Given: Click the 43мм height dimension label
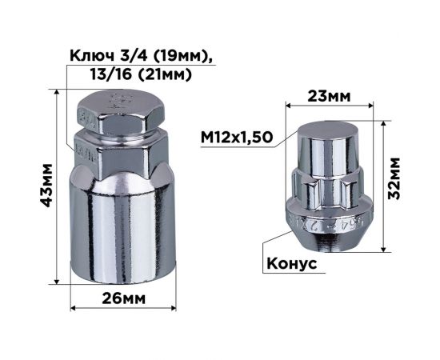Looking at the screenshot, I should (x=46, y=186).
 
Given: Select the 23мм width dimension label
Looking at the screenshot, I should (x=329, y=96).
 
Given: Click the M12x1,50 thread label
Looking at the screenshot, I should (x=237, y=137).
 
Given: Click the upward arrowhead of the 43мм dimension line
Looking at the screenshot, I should (x=58, y=92).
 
